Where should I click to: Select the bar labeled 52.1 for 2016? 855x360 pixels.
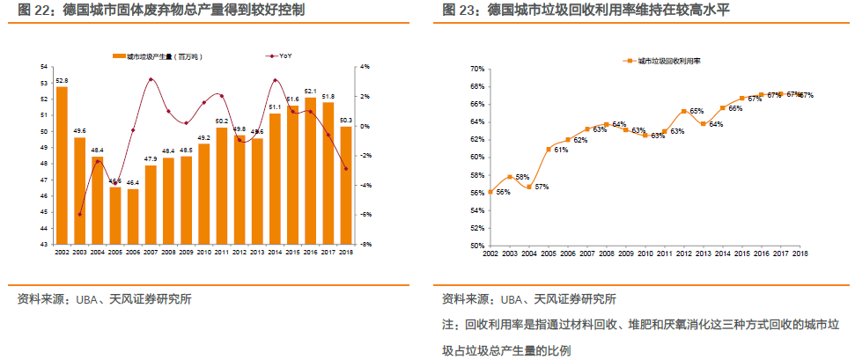pyautogui.click(x=310, y=171)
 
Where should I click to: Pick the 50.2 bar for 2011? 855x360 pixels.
pyautogui.click(x=221, y=186)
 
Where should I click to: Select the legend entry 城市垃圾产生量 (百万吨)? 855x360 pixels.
pyautogui.click(x=158, y=55)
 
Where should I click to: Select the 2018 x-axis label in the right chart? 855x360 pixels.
pyautogui.click(x=800, y=253)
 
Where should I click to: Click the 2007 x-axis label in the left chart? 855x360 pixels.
pyautogui.click(x=150, y=253)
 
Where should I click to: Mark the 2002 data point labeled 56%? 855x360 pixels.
pyautogui.click(x=490, y=192)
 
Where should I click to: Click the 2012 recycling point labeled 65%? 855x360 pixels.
pyautogui.click(x=683, y=112)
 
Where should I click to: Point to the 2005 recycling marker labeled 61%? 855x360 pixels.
pyautogui.click(x=548, y=149)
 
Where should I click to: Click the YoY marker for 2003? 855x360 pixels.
pyautogui.click(x=79, y=214)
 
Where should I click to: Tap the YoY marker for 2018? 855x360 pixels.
pyautogui.click(x=346, y=168)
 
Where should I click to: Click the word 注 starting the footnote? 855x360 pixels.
pyautogui.click(x=447, y=325)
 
